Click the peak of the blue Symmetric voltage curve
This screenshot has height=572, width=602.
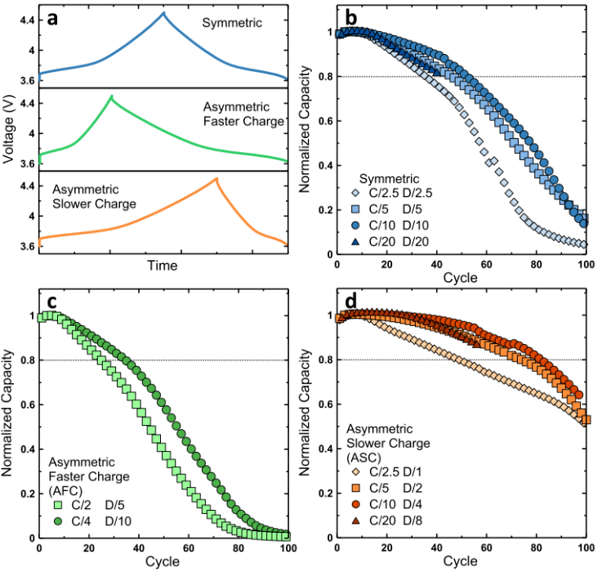tap(163, 13)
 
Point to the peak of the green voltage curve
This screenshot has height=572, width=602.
tap(111, 97)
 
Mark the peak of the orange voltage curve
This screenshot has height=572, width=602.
tap(216, 179)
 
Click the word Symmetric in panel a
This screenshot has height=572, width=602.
tap(231, 24)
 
